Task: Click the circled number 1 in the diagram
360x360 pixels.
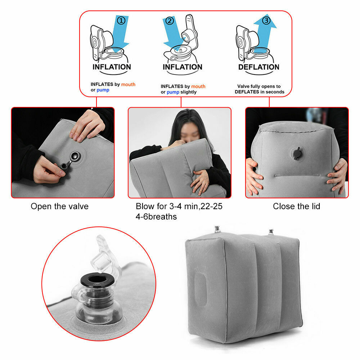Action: coord(121,21)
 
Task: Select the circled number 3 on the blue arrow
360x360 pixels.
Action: coord(266,21)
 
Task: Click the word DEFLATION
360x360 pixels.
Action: coord(258,67)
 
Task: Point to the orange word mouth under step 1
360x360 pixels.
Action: coord(128,84)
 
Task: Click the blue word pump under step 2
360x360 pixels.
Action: coord(173,92)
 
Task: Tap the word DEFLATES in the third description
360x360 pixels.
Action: coord(247,92)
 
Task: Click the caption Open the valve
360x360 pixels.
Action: coord(59,206)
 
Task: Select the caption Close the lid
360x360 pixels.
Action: coord(296,206)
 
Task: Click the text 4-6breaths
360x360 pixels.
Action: coord(156,217)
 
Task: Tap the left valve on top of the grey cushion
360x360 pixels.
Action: coord(217,229)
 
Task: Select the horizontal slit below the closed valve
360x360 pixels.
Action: coord(296,175)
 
